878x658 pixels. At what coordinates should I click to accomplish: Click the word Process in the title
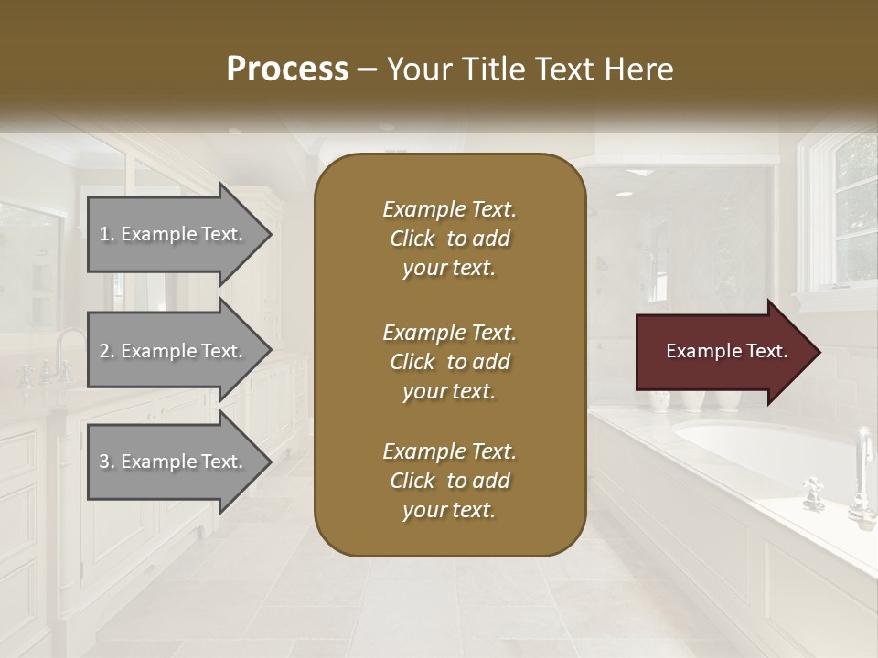[x=287, y=69]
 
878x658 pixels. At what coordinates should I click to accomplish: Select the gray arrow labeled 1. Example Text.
[x=174, y=234]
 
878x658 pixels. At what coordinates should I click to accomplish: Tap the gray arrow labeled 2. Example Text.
[x=174, y=351]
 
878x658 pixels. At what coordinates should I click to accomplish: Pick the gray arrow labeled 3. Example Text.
[x=174, y=462]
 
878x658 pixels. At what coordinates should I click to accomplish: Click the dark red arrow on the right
[x=723, y=352]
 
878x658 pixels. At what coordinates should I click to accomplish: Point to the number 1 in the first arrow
[x=104, y=234]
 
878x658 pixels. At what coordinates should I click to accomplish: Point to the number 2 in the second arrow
[x=104, y=351]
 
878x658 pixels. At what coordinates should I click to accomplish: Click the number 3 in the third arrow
[x=104, y=462]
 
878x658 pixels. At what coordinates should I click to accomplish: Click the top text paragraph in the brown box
[x=449, y=239]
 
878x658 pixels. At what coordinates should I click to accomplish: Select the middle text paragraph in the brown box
[x=449, y=362]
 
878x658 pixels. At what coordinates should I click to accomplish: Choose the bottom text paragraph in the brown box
[x=449, y=481]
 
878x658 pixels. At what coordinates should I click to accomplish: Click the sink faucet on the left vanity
[x=64, y=352]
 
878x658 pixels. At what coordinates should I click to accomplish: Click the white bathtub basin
[x=750, y=439]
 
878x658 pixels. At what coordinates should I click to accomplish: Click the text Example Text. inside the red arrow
[x=726, y=351]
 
